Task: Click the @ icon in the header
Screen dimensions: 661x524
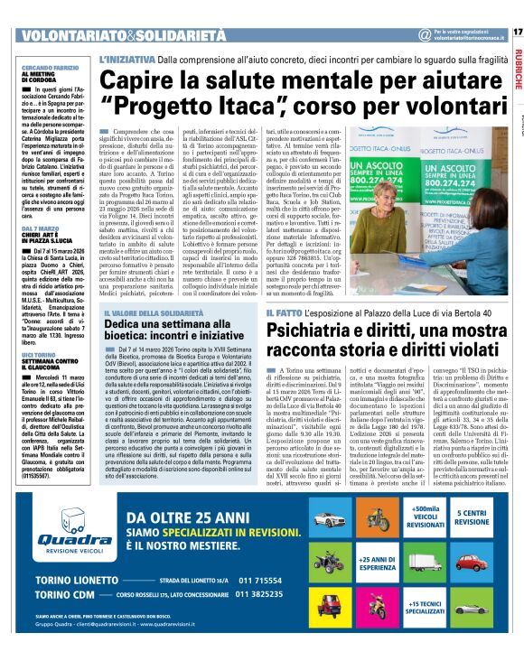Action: click(x=425, y=34)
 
